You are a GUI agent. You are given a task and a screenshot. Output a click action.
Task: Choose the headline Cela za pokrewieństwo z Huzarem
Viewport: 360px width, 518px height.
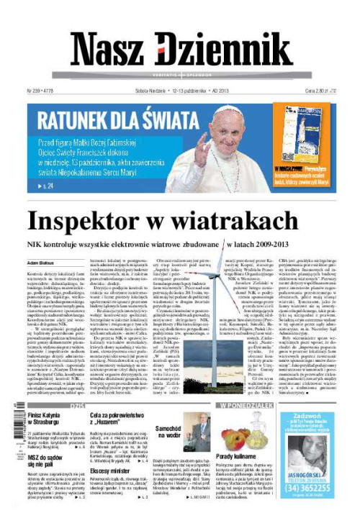pyautogui.click(x=116, y=419)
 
